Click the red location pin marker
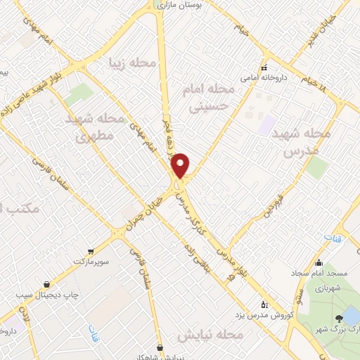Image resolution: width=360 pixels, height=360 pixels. tap(181, 165)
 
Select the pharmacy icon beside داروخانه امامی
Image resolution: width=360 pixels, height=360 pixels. tap(264, 68)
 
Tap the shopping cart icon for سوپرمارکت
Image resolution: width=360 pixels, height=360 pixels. tap(91, 251)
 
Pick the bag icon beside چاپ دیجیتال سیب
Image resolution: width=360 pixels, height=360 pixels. tap(46, 285)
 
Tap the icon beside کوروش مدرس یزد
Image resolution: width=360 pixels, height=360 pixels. tap(264, 304)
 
